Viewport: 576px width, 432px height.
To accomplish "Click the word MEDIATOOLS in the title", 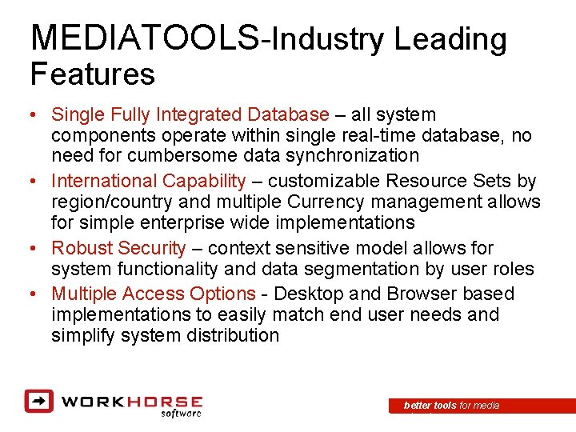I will pyautogui.click(x=144, y=38).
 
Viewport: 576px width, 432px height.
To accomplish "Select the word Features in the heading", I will pyautogui.click(x=92, y=74).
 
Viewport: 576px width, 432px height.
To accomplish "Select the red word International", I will pyautogui.click(x=105, y=182).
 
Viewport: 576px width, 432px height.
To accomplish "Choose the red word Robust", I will pyautogui.click(x=82, y=249).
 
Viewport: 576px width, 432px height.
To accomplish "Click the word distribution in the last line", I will pyautogui.click(x=234, y=335).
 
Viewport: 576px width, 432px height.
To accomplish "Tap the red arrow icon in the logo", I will pyautogui.click(x=38, y=401).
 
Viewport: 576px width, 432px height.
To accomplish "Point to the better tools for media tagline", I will pyautogui.click(x=452, y=406).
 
